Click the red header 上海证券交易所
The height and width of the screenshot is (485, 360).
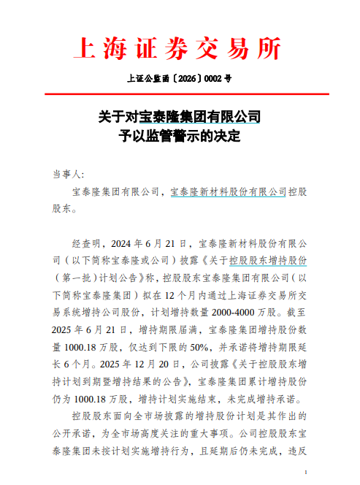pyautogui.click(x=179, y=50)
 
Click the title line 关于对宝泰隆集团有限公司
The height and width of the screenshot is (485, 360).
pyautogui.click(x=179, y=117)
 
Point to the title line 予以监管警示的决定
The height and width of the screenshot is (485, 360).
pyautogui.click(x=179, y=136)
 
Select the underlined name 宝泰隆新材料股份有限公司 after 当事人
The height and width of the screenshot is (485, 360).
pyautogui.click(x=228, y=192)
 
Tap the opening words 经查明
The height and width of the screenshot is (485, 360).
pyautogui.click(x=87, y=242)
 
